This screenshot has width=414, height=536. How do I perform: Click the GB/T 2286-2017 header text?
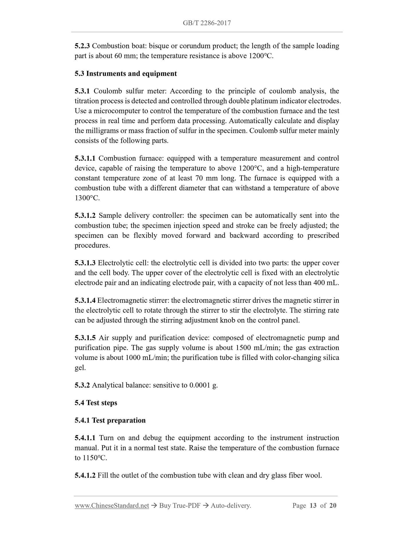tap(207, 23)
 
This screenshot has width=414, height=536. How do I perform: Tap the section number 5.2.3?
tap(82, 46)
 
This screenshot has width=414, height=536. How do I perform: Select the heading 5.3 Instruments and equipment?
tap(126, 74)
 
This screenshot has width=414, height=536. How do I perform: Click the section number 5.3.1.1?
tap(85, 158)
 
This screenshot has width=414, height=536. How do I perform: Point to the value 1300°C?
tap(87, 198)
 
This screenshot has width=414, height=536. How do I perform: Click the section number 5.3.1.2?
tap(85, 216)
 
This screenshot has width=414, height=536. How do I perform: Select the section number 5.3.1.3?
tap(85, 263)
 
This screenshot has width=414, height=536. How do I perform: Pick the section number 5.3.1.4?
tap(85, 300)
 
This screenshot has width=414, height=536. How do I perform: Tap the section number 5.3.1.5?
tap(85, 338)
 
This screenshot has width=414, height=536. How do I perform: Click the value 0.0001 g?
tap(203, 385)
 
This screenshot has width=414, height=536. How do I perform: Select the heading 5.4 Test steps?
tap(96, 403)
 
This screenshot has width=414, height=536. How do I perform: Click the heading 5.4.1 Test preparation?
tap(110, 420)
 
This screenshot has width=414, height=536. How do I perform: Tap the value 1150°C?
tap(95, 458)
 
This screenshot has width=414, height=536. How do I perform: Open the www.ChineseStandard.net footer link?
tap(112, 506)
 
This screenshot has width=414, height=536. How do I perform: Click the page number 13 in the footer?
tap(313, 506)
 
